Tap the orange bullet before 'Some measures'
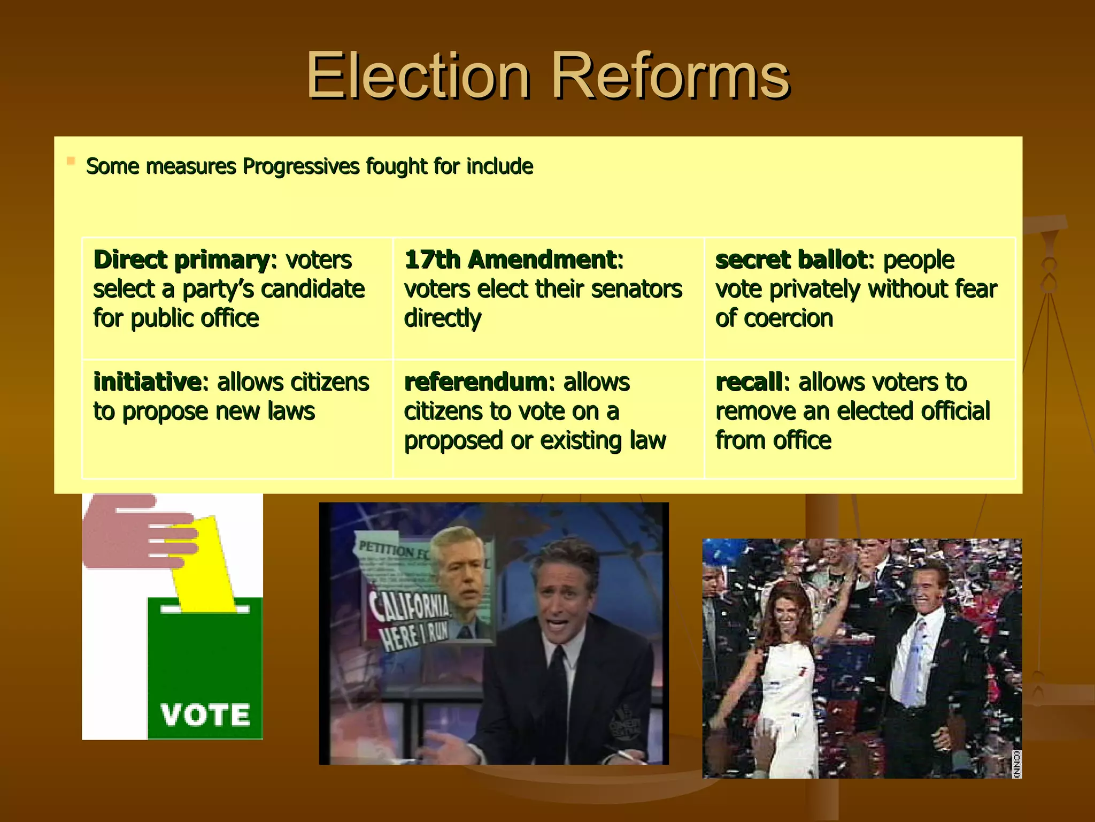point(71,161)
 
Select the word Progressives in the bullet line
point(302,166)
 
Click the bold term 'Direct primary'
point(181,260)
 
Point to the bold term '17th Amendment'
point(511,260)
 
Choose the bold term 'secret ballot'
point(791,260)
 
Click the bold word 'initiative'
point(147,382)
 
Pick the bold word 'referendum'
point(475,382)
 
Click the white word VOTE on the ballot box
point(205,715)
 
